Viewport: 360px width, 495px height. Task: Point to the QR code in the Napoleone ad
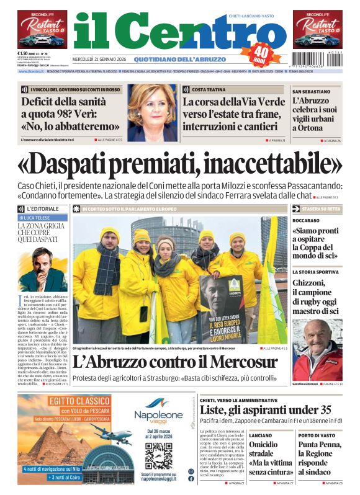pos(158,455)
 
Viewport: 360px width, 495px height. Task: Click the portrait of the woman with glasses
pos(151,114)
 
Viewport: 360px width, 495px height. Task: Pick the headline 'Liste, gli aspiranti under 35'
pos(266,410)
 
